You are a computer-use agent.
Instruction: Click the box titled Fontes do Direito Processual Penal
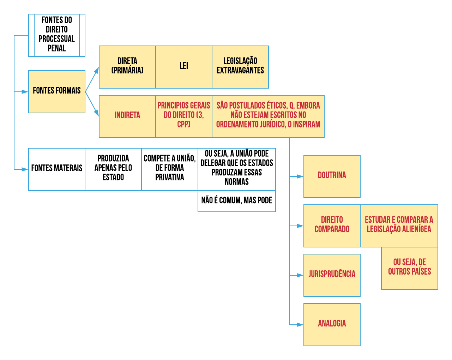(57, 35)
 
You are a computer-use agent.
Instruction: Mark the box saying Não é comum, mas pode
(237, 201)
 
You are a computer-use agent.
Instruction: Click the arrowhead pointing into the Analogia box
(300, 324)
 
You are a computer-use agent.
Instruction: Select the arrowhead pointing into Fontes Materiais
(25, 169)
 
